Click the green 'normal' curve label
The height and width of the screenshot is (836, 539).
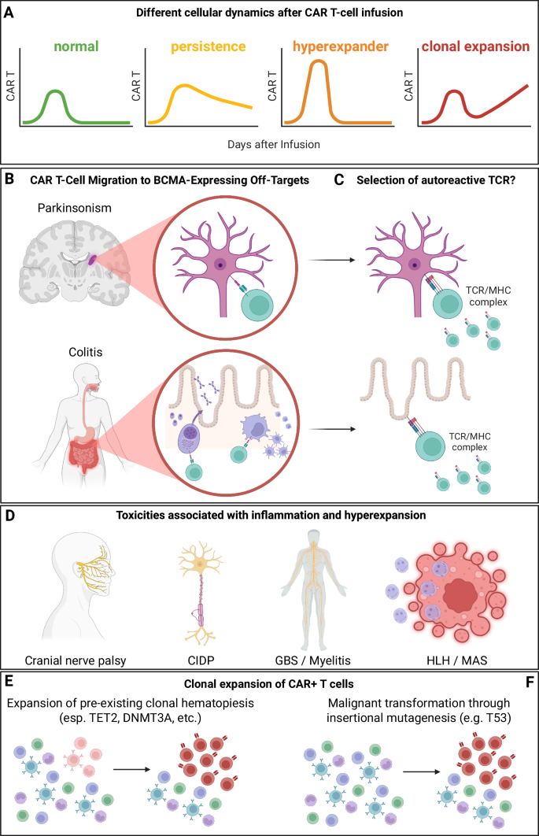point(76,46)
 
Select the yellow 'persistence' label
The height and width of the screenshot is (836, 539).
point(202,46)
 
